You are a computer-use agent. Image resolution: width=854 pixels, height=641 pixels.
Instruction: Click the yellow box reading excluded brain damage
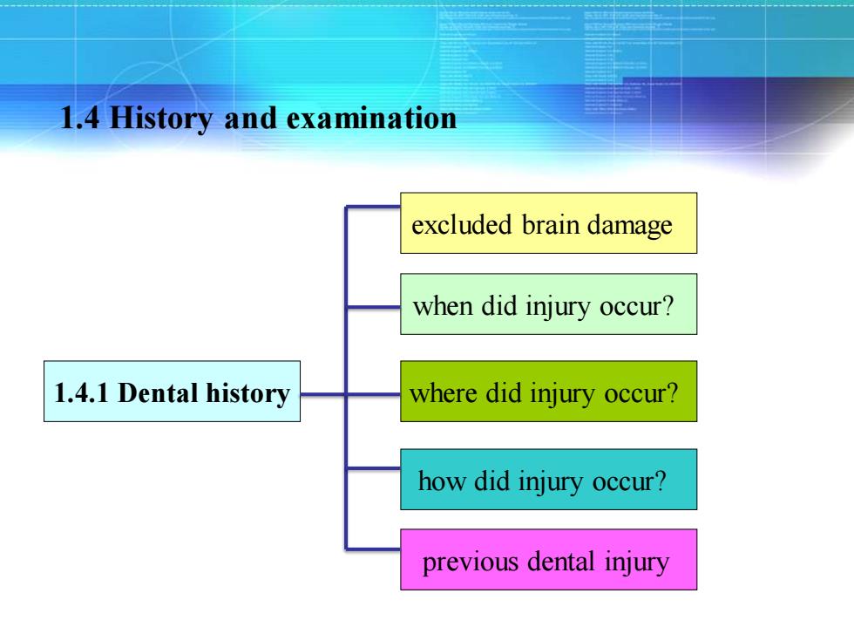[x=548, y=223]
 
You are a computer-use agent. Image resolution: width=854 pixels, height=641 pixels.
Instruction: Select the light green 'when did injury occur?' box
[x=548, y=304]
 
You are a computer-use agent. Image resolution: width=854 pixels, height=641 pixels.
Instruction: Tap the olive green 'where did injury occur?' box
[x=548, y=392]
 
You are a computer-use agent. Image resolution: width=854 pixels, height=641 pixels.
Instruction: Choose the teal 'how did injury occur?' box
[x=548, y=480]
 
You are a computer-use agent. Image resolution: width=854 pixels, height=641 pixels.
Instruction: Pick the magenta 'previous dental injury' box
[x=548, y=560]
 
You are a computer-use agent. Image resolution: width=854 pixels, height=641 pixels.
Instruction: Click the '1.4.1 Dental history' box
[x=173, y=392]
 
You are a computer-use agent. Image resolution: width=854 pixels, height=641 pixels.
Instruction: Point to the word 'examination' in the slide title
[x=371, y=119]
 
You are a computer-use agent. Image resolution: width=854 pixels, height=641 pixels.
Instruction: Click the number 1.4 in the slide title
[x=80, y=119]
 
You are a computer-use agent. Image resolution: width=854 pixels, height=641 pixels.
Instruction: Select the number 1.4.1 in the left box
[x=81, y=393]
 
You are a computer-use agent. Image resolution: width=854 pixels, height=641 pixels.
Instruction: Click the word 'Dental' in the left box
[x=158, y=393]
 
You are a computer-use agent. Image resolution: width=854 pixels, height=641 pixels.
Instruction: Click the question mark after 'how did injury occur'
[x=660, y=481]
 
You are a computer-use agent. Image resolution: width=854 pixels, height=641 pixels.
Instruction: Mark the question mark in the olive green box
[x=671, y=392]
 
